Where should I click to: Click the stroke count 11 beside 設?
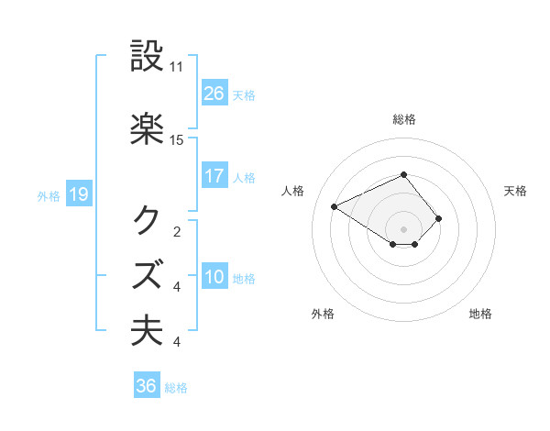click(177, 67)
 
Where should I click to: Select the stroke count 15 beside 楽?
click(177, 139)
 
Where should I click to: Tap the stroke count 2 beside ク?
click(176, 231)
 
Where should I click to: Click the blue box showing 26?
click(214, 94)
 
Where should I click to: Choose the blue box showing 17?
click(214, 176)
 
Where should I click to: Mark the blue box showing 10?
click(214, 277)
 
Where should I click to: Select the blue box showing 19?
click(78, 194)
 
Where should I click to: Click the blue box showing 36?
click(147, 386)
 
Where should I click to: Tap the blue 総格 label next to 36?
click(176, 388)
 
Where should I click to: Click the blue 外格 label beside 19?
click(49, 195)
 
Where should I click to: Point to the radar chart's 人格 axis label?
click(293, 191)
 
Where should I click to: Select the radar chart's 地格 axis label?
click(480, 314)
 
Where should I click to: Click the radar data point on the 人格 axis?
click(335, 205)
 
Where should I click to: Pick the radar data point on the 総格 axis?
click(403, 174)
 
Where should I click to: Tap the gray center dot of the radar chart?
click(403, 228)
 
